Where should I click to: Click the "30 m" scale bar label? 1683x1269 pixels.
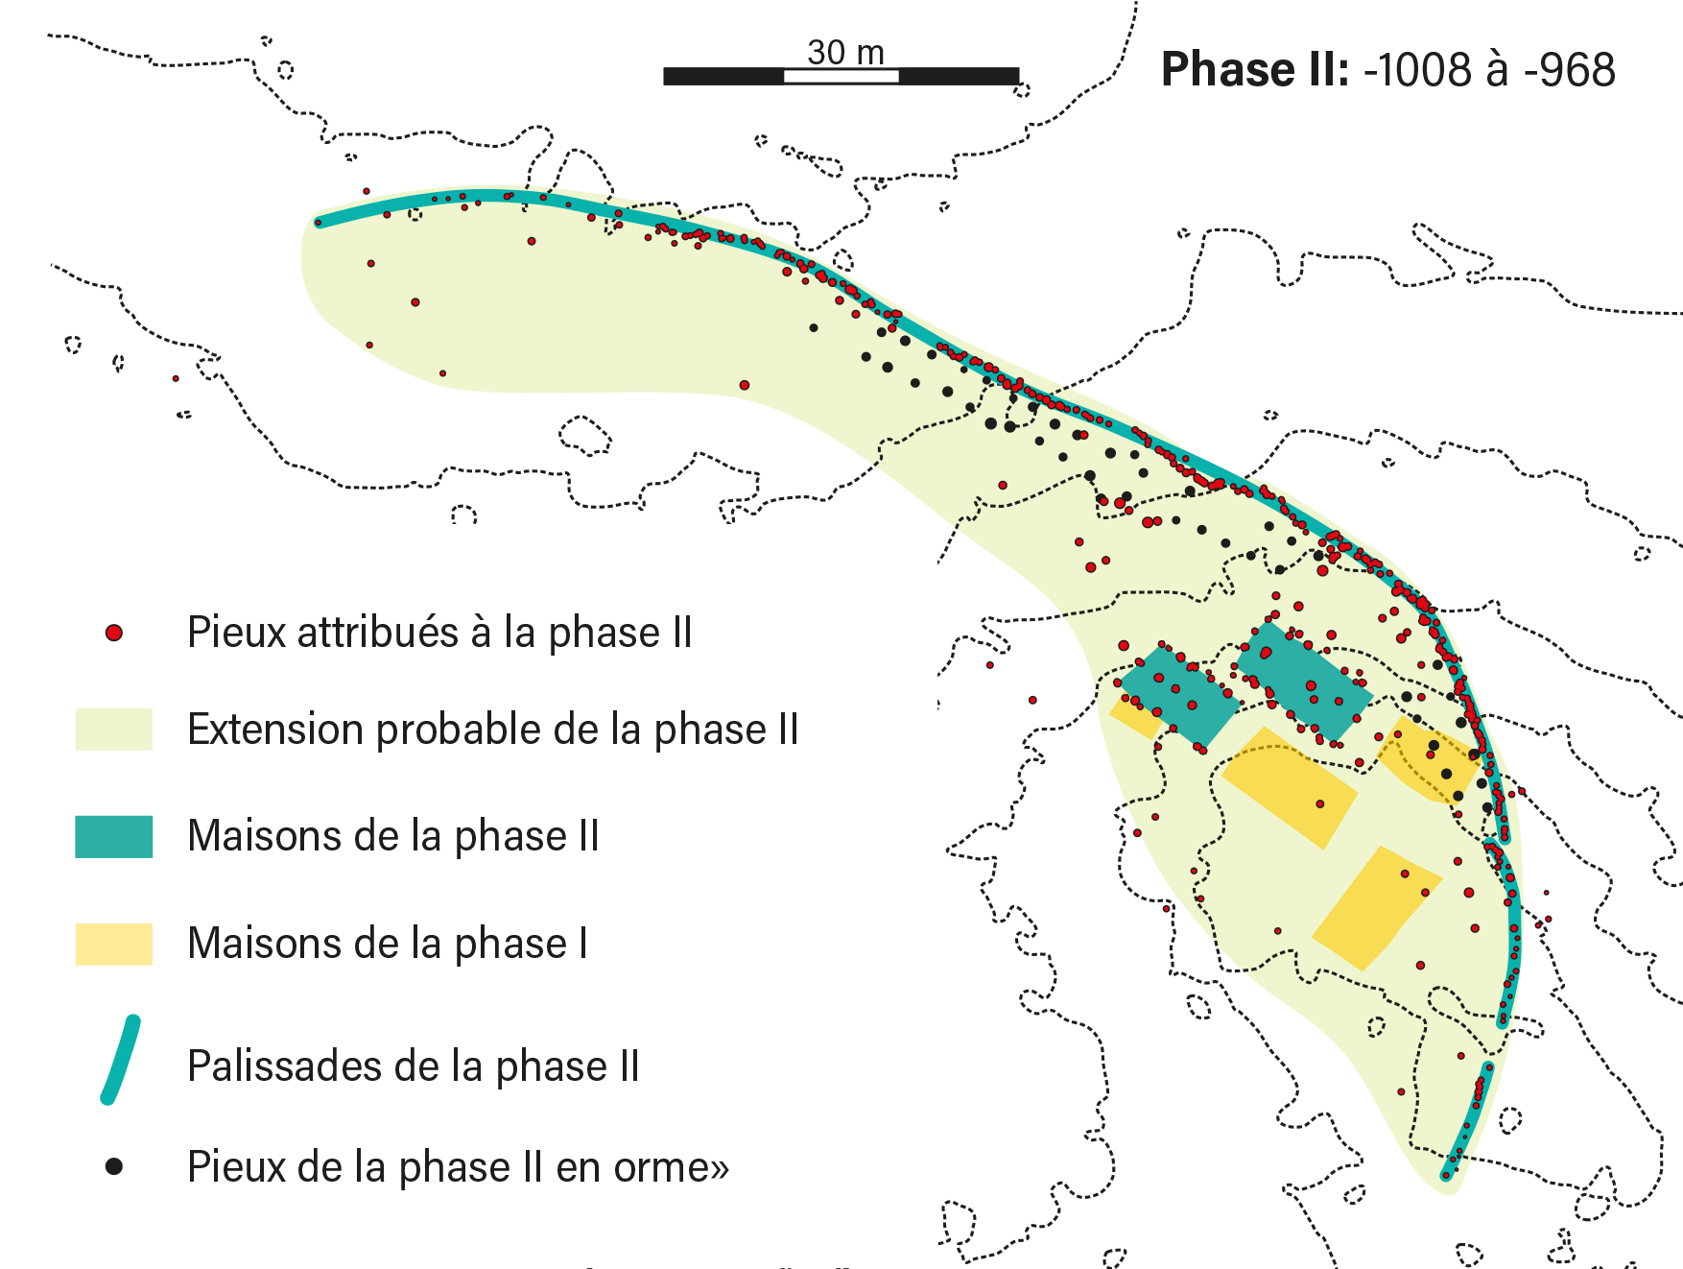pos(844,52)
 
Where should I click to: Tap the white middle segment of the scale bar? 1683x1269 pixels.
pos(841,76)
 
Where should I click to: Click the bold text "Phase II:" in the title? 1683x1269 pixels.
pos(1255,70)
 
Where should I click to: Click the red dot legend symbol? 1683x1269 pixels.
pos(114,633)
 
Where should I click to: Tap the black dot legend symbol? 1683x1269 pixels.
pos(114,1166)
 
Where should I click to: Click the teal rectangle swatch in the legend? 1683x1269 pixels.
pos(114,836)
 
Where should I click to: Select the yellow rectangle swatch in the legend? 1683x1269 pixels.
pos(114,944)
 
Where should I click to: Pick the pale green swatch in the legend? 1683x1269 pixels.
pos(114,730)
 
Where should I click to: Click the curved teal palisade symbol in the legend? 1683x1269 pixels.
pos(121,1061)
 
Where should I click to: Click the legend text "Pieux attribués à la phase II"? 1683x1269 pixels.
pos(439,633)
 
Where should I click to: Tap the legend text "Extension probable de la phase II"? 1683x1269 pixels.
pos(492,730)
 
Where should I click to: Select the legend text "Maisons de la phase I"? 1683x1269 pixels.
pos(388,944)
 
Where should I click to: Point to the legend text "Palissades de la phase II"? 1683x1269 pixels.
pos(413,1066)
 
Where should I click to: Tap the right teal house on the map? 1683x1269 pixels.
pos(1303,681)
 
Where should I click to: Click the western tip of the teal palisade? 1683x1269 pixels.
pos(320,223)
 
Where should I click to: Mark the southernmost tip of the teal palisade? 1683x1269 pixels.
pos(1447,1174)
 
